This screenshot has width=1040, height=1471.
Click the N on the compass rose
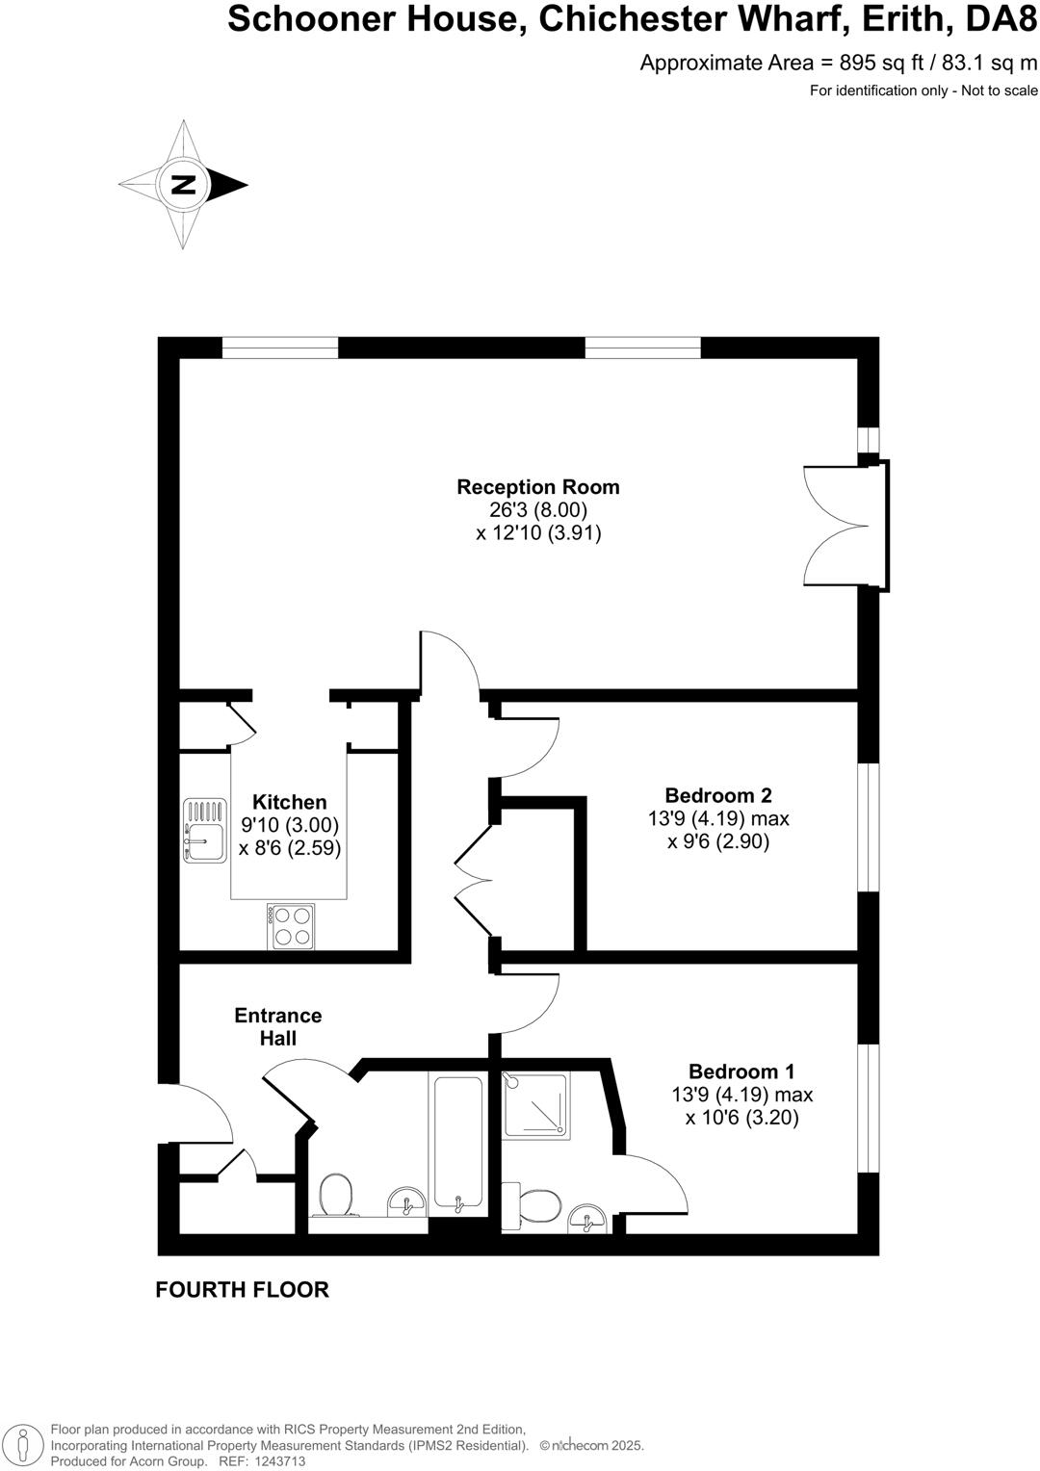182,184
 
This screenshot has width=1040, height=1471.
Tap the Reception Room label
537,487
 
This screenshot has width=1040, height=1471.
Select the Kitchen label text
289,802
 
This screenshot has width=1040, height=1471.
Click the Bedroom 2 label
717,795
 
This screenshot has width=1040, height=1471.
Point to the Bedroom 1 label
741,1071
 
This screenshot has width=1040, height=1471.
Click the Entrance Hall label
278,1026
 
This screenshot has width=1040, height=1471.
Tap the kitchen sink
204,830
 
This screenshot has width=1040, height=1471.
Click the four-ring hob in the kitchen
292,925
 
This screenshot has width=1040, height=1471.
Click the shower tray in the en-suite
536,1105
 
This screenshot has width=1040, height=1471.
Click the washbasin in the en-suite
586,1219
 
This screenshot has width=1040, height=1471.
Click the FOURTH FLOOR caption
242,1289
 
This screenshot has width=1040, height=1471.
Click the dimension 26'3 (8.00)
537,510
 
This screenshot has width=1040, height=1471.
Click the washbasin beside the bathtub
407,1202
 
